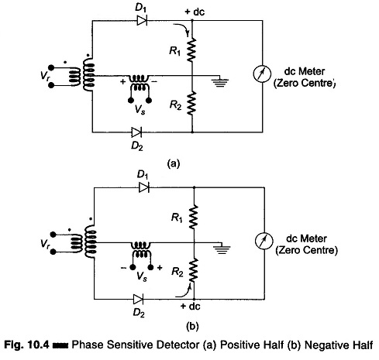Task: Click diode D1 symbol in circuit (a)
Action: click(x=142, y=20)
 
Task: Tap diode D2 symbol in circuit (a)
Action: click(x=136, y=132)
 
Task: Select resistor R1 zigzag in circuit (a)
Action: click(x=191, y=50)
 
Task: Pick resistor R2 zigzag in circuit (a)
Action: click(x=191, y=103)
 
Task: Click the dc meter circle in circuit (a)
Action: click(x=262, y=74)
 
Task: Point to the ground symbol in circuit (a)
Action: click(x=219, y=81)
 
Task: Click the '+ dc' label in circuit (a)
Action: click(x=195, y=12)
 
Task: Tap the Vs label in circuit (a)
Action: click(x=140, y=110)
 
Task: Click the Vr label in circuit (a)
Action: click(x=45, y=76)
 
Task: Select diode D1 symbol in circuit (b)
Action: click(x=144, y=187)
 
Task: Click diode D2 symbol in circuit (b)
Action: click(x=138, y=300)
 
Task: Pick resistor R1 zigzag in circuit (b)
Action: click(x=194, y=217)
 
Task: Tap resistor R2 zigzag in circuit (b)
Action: click(x=194, y=270)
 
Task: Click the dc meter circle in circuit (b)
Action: click(x=264, y=241)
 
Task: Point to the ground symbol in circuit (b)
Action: click(x=222, y=249)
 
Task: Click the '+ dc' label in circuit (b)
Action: click(x=191, y=307)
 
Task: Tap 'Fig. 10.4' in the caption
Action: click(x=26, y=345)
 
